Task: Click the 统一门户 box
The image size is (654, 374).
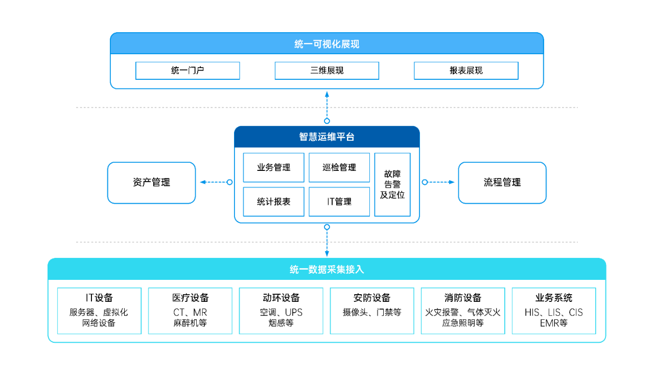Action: pos(188,71)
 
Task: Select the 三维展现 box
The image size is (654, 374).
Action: pos(327,71)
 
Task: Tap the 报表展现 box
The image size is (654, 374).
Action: pos(466,71)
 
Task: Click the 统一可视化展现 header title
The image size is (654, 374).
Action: pos(327,45)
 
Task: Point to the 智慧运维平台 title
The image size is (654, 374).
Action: pos(327,137)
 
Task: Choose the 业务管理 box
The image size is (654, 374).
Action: pos(273,168)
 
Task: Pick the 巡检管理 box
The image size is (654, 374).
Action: pos(339,168)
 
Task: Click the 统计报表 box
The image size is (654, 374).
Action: pos(273,202)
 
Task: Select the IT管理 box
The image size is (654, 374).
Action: pos(339,202)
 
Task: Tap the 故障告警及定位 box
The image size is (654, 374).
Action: pos(392,185)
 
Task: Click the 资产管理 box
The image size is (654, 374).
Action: pos(151,183)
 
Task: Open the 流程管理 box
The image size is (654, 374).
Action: pos(502,183)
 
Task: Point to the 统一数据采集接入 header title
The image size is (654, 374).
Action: pos(327,269)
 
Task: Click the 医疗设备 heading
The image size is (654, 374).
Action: pos(190,298)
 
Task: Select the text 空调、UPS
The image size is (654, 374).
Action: pos(281,312)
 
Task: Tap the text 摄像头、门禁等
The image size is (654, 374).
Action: pos(372,312)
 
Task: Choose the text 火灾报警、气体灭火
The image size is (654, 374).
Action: pos(463,312)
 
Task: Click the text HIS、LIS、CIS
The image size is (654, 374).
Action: pos(554,312)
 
